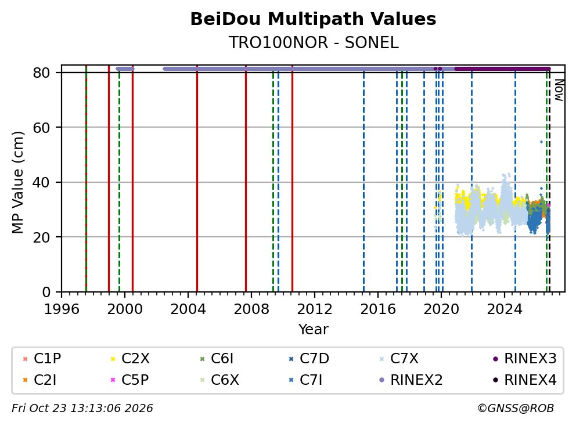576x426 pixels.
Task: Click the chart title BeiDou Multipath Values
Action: [x=313, y=19]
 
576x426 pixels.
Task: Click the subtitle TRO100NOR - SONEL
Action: [x=314, y=43]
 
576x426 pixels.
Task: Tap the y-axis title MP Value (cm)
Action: [x=17, y=182]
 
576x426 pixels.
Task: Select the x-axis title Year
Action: [x=313, y=330]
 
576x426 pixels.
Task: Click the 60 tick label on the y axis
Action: [x=41, y=128]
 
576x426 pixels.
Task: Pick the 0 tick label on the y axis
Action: [x=46, y=293]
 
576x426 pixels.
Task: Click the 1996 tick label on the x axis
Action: [x=62, y=309]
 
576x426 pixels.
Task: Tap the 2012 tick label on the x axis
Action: [x=315, y=309]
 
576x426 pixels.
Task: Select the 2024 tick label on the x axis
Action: [x=505, y=309]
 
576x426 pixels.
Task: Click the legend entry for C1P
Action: [x=41, y=359]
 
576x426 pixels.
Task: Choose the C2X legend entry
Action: [x=130, y=359]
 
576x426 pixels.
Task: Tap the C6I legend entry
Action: [x=216, y=359]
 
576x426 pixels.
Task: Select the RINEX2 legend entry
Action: [x=411, y=380]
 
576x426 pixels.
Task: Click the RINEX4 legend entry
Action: [x=525, y=380]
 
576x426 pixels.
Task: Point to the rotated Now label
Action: [x=559, y=91]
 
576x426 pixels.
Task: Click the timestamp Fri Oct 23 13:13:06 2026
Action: [x=82, y=409]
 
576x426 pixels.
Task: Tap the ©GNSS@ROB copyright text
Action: [x=516, y=409]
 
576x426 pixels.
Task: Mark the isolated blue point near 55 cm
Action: [x=541, y=142]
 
